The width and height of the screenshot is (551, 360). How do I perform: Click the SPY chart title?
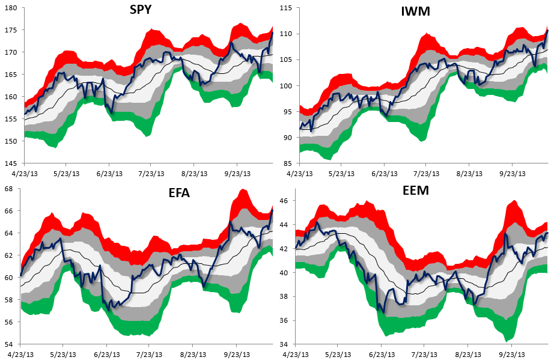click(141, 10)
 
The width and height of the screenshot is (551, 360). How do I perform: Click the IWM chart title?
click(415, 11)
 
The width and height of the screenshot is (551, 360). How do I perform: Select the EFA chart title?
click(179, 193)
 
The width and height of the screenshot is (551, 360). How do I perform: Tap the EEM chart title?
click(416, 190)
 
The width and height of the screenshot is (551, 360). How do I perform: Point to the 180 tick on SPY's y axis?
click(11, 8)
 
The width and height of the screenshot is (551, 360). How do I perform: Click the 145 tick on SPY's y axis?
click(11, 163)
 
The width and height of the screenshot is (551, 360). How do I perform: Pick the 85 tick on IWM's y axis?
click(288, 163)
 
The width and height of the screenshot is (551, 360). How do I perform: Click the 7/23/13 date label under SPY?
click(151, 174)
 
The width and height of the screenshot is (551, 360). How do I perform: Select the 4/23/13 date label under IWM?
click(299, 174)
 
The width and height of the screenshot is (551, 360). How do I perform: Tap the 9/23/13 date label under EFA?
click(237, 355)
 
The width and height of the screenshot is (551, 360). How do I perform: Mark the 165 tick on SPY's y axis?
click(11, 75)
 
